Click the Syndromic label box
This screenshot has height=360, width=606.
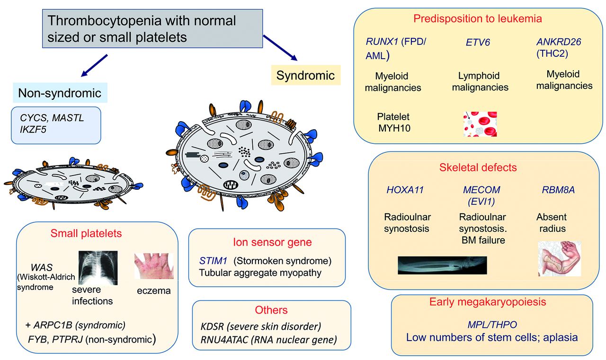pos(305,75)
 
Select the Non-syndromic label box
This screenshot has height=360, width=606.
pos(60,93)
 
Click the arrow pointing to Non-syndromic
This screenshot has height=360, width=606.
pos(94,65)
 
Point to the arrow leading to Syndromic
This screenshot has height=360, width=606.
pos(280,47)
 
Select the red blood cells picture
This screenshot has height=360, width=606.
pos(480,124)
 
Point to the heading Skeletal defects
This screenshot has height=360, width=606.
pos(478,167)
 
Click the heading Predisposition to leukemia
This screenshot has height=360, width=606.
pos(477,19)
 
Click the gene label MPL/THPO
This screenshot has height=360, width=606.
pos(491,325)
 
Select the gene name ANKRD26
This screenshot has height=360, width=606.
pos(559,42)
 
